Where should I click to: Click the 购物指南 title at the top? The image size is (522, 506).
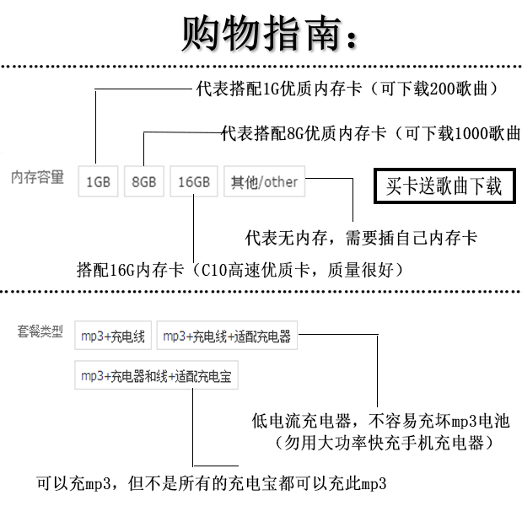click(x=268, y=34)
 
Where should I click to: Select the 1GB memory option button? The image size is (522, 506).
click(x=98, y=181)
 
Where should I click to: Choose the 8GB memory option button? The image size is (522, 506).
click(x=144, y=181)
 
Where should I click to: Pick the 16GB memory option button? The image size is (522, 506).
click(x=194, y=181)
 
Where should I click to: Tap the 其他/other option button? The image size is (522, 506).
click(x=264, y=181)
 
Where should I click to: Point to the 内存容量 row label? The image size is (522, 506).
click(x=38, y=177)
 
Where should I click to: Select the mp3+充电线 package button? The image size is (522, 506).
click(x=112, y=336)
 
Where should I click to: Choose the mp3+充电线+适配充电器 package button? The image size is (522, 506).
click(x=226, y=336)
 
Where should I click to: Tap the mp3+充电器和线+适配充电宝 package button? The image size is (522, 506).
click(x=156, y=376)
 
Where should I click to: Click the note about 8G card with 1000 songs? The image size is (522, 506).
click(x=369, y=133)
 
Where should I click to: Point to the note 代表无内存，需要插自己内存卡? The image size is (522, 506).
click(x=361, y=239)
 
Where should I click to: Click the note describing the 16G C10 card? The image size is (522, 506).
click(x=240, y=271)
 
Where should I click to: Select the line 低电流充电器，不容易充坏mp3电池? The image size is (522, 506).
click(x=380, y=420)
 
